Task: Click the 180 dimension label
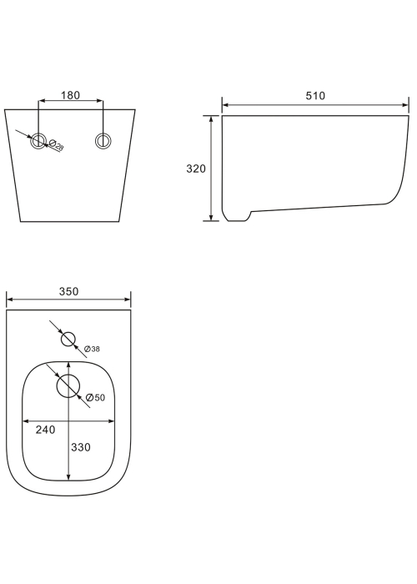pos(70,95)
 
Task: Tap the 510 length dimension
pos(315,96)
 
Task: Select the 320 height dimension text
pos(196,169)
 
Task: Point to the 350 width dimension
pos(69,291)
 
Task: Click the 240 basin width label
pos(45,430)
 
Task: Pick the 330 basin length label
pos(81,447)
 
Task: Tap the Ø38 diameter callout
pos(92,349)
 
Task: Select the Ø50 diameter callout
pos(95,398)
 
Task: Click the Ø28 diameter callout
pos(57,144)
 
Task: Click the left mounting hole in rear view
pos(38,141)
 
